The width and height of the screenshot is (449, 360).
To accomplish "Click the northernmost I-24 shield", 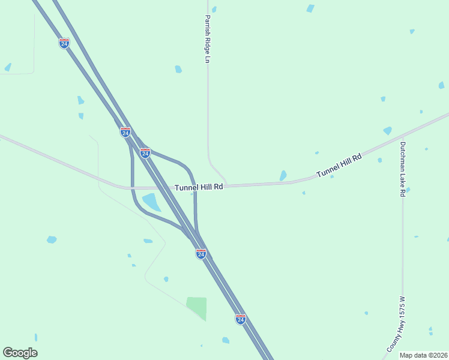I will click(64, 43).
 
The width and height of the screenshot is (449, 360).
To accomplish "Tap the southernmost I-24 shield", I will click(240, 319).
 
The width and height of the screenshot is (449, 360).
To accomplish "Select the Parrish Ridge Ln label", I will click(208, 39).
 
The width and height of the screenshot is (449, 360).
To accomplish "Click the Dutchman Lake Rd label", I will click(403, 170).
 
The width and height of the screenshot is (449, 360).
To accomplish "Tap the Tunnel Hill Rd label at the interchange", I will click(199, 187).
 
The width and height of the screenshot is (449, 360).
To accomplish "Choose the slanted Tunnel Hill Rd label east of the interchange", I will click(339, 166).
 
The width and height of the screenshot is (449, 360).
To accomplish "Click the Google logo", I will click(20, 353).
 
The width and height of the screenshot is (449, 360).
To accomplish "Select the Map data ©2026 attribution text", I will click(424, 355).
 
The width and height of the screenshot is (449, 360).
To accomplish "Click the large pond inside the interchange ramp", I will click(151, 202).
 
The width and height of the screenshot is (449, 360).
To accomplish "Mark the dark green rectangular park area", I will click(197, 307).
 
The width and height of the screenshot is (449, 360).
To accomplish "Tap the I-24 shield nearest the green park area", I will click(240, 319).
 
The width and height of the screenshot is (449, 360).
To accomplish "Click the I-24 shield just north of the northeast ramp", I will click(145, 153).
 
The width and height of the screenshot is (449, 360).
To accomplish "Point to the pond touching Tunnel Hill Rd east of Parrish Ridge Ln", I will click(283, 176).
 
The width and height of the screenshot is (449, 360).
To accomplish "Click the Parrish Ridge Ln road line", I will click(208, 120).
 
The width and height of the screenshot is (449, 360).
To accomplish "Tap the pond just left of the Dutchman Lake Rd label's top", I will click(387, 130).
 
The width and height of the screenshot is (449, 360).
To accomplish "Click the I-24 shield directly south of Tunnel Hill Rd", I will click(201, 254).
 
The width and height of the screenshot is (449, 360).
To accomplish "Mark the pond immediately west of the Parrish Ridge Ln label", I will click(178, 69).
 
